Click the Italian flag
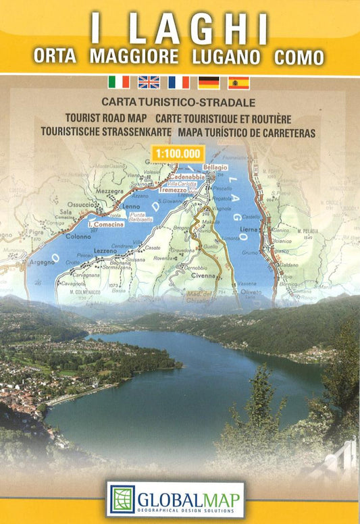tap(119, 82)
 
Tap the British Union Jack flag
tap(149, 82)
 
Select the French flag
tap(178, 82)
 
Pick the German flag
tap(208, 82)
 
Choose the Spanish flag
tap(238, 82)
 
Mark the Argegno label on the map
tap(42, 263)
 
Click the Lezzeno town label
tap(104, 251)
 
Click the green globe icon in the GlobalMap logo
tap(123, 498)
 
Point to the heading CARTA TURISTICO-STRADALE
tap(178, 103)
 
